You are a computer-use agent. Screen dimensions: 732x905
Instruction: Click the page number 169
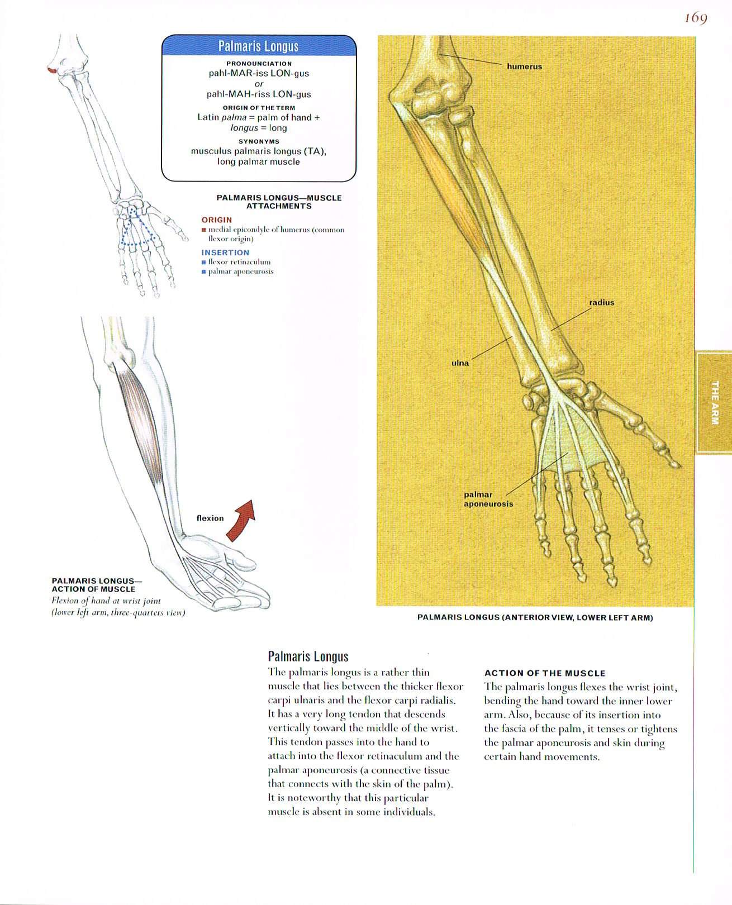[696, 18]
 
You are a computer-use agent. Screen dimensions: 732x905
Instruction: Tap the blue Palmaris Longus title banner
[258, 46]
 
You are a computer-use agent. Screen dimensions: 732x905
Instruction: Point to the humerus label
[524, 66]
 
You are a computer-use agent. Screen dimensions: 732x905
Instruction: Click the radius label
[601, 302]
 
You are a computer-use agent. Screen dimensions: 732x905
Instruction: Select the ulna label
[460, 363]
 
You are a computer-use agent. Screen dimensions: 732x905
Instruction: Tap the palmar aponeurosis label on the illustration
[488, 499]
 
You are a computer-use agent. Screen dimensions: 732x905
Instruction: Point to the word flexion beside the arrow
[210, 518]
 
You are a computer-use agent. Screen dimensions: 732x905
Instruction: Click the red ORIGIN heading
[216, 220]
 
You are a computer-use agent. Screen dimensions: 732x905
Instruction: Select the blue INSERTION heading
[225, 253]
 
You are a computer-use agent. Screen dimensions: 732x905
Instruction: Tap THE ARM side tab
[714, 402]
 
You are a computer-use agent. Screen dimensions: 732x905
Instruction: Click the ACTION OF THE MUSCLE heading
[544, 673]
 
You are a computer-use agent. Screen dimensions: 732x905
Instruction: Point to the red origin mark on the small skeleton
[51, 70]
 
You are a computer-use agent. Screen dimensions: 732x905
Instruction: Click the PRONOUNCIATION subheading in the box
[259, 63]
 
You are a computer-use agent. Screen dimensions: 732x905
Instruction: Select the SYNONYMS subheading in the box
[259, 141]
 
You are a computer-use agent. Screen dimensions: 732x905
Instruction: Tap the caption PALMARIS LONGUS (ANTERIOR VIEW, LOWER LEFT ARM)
[535, 617]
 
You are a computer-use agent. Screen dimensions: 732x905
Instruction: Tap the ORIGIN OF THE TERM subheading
[259, 107]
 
